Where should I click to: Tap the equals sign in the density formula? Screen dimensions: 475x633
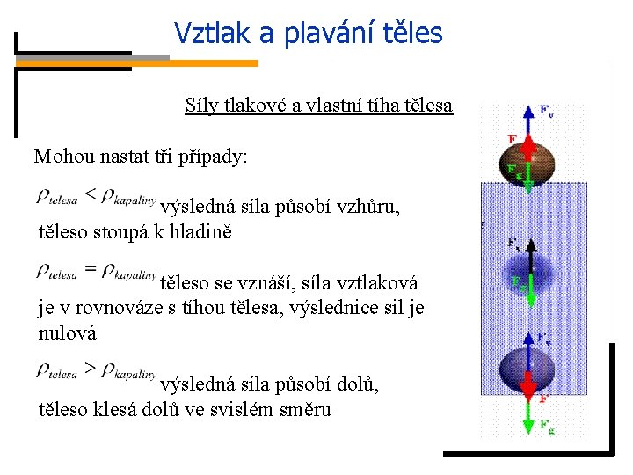point(91,271)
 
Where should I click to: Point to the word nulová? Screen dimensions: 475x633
point(68,333)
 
